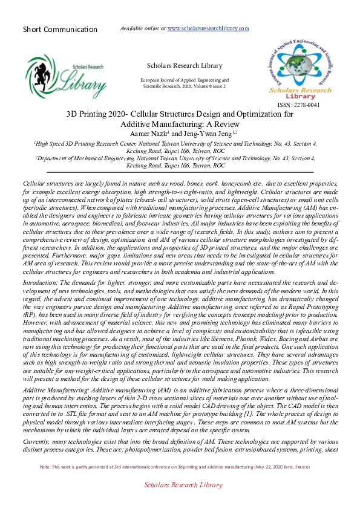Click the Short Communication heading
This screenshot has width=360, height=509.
click(x=60, y=29)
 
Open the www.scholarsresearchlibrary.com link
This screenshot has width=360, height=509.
click(x=208, y=28)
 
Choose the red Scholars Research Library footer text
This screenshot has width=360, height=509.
click(x=183, y=502)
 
